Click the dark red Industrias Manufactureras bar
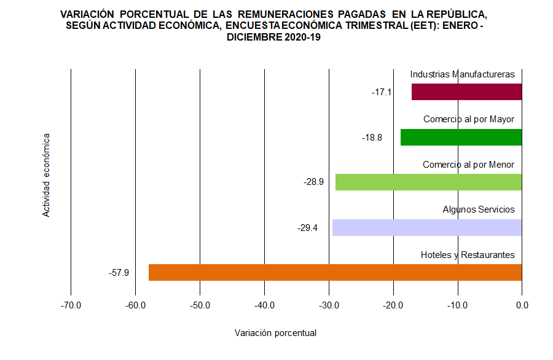(x=466, y=92)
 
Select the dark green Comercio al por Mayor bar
(x=461, y=137)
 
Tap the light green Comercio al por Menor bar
(x=428, y=182)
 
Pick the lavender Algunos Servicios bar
(x=426, y=227)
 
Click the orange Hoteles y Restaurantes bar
(x=335, y=272)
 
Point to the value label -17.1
(x=382, y=92)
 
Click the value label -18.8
(x=372, y=138)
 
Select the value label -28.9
(x=313, y=182)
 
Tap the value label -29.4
(x=307, y=228)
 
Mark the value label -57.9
(x=119, y=273)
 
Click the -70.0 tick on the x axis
(x=71, y=305)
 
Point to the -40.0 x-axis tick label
(x=264, y=305)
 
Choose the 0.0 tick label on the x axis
(x=522, y=305)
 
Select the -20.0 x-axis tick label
(x=393, y=305)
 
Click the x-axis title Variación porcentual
(x=275, y=333)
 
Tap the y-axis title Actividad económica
(x=46, y=174)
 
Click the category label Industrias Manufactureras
(x=462, y=74)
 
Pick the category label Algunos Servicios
(x=479, y=209)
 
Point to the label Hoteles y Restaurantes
(x=468, y=255)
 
